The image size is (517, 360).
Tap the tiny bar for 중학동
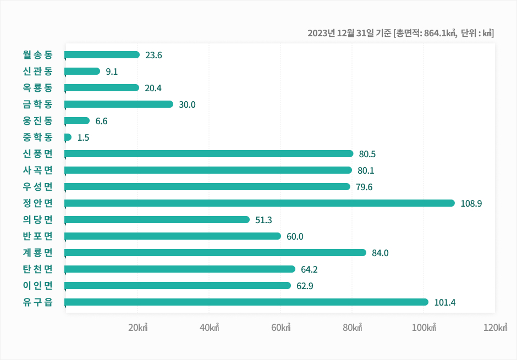(68, 137)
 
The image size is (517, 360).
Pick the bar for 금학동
(119, 104)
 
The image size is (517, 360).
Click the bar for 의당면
(157, 220)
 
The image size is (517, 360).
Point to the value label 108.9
(471, 203)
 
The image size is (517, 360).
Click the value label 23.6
(153, 55)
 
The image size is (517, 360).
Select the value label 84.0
(380, 253)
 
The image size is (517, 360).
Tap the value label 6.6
(101, 121)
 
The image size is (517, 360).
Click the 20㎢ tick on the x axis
(137, 328)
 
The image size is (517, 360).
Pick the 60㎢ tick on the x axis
(280, 328)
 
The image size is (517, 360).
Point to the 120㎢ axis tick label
(494, 328)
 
